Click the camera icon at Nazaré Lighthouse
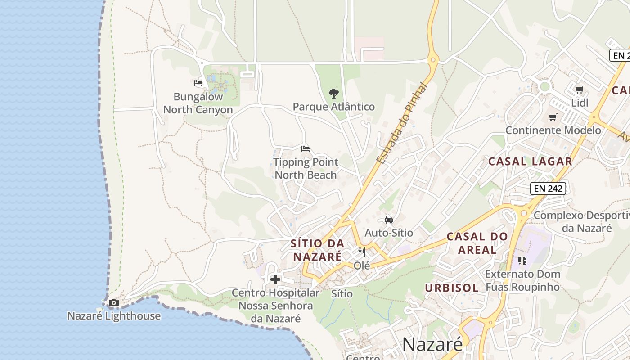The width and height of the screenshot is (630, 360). (x=114, y=302)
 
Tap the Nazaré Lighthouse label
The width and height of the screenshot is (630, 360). (x=114, y=316)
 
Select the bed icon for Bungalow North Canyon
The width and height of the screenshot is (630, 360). (x=198, y=83)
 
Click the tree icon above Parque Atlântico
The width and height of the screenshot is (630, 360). (x=333, y=94)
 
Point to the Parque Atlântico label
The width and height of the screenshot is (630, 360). (x=333, y=107)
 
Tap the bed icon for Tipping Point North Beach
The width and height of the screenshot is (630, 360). (x=306, y=149)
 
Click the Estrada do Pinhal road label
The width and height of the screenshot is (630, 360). (x=401, y=123)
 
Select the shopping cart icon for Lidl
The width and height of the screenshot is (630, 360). (x=579, y=90)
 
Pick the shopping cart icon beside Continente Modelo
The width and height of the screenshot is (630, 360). (x=553, y=117)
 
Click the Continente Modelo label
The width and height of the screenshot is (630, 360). (x=553, y=130)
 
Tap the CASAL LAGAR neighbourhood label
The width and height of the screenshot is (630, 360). (x=530, y=161)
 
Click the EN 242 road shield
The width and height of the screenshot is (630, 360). (x=548, y=189)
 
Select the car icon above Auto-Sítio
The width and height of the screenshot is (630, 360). (x=388, y=220)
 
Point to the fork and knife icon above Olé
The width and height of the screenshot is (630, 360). (x=361, y=252)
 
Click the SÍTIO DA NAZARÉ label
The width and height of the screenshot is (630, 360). (x=317, y=250)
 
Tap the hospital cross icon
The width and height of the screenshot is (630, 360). (x=275, y=279)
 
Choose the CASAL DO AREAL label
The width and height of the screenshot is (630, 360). (x=477, y=243)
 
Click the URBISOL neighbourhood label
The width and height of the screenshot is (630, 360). (x=452, y=288)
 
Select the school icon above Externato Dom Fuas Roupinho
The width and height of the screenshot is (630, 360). (x=522, y=261)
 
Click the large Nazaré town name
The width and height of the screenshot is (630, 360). (x=432, y=344)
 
